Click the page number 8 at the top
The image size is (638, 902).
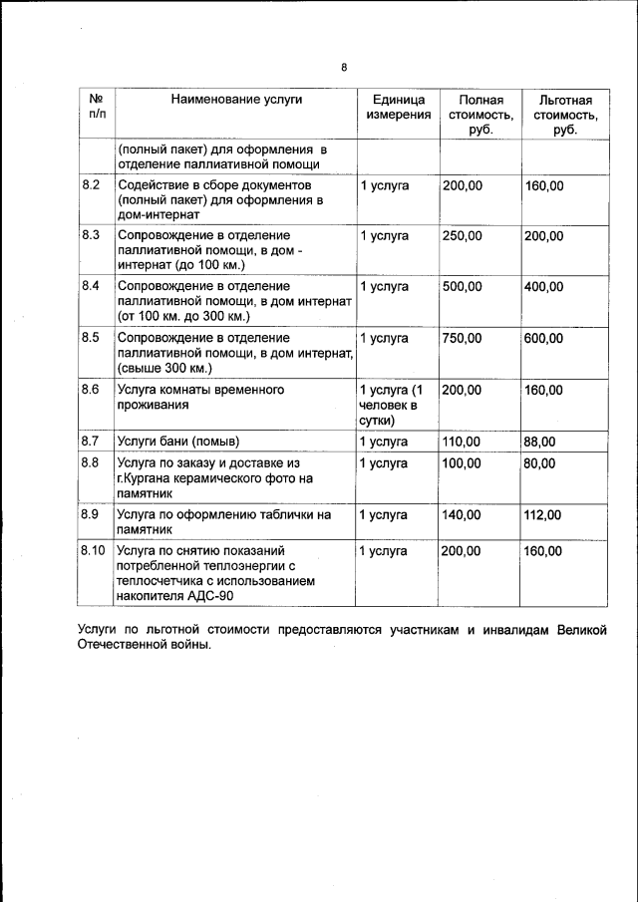coord(343,68)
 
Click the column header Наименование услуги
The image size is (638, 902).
coord(236,100)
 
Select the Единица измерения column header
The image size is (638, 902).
coord(398,108)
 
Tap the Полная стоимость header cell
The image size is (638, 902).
coord(480,115)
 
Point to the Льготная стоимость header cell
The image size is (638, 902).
coord(565,115)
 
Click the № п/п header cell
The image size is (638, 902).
coord(97,108)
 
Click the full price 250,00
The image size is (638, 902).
coord(462,236)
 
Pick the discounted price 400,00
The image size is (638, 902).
coord(543,287)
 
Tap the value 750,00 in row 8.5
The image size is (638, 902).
coord(462,338)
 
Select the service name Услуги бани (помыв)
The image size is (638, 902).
coord(179,441)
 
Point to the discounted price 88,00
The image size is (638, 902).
coord(539,441)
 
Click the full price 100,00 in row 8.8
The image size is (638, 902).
coord(462,463)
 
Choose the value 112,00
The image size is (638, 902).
coord(543,514)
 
